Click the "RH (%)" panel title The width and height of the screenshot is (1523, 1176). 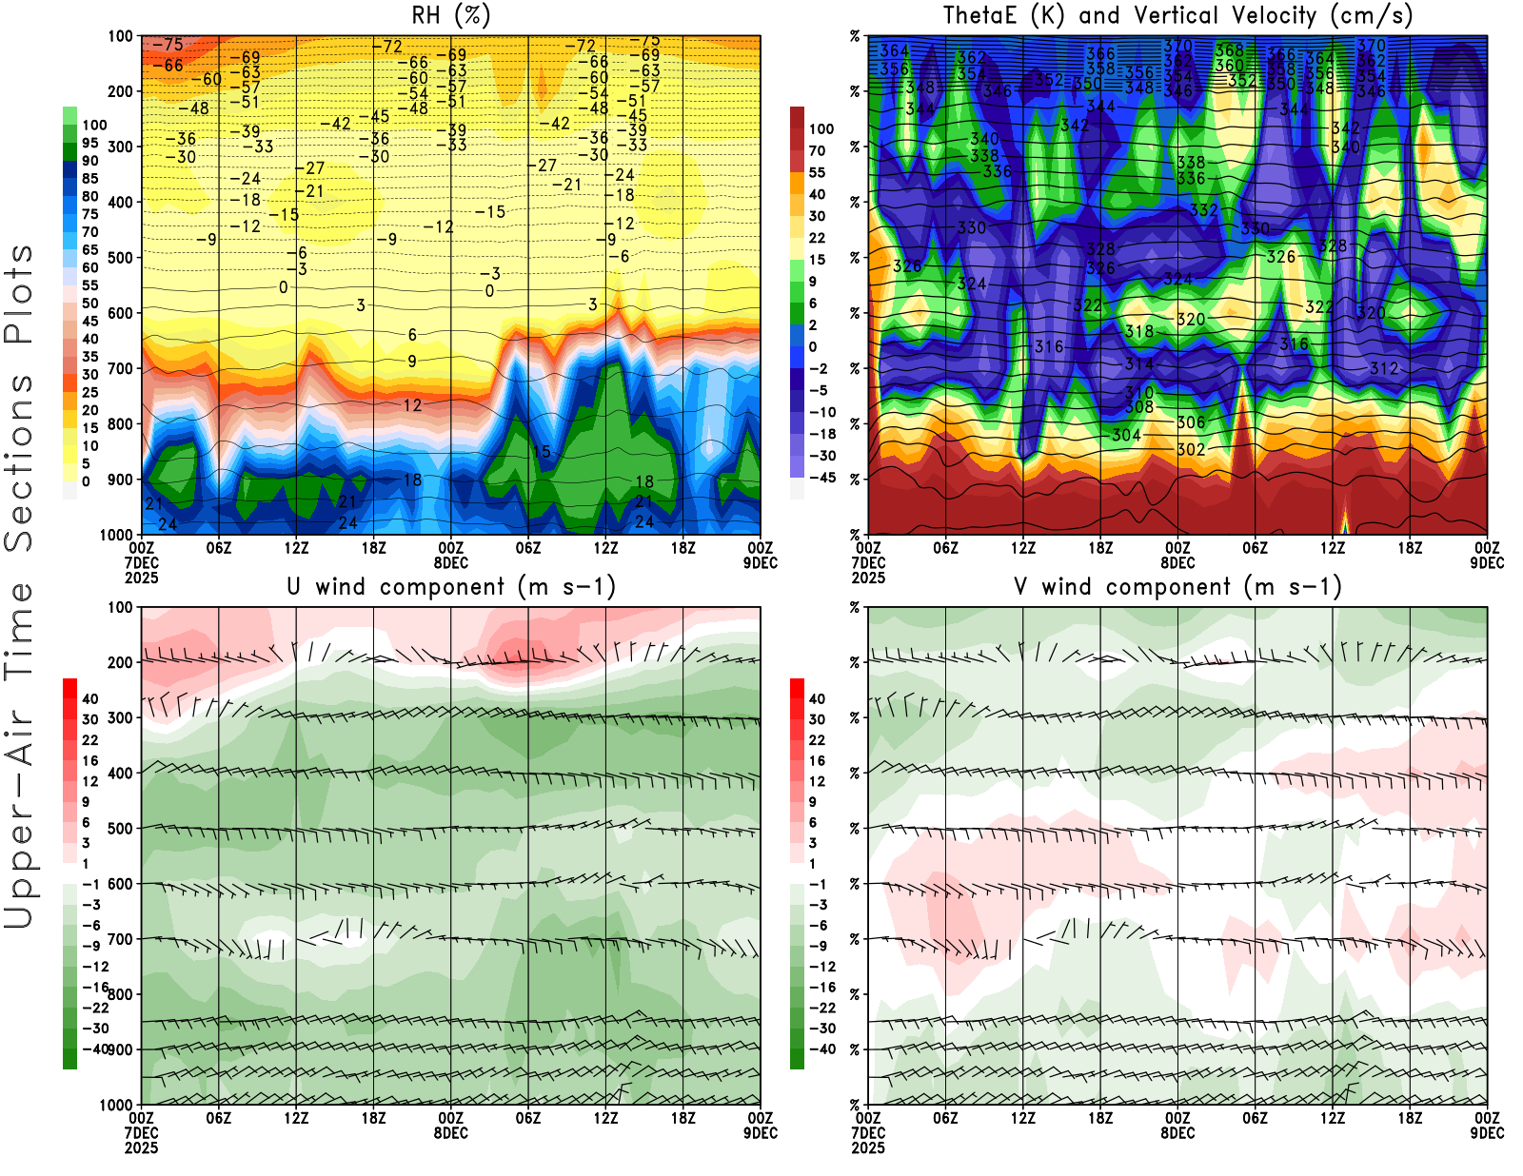pos(451,15)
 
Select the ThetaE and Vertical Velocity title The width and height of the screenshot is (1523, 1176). pos(1177,15)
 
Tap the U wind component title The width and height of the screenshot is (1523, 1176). pos(451,586)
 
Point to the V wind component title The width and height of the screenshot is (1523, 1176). pos(1177,586)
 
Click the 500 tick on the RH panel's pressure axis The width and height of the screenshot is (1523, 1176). pos(121,258)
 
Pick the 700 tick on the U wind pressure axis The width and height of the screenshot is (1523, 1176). pos(121,939)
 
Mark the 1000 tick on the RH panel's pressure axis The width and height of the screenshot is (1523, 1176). pos(117,535)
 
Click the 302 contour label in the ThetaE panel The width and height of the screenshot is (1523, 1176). pos(1191,449)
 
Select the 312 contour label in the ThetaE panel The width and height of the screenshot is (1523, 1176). pos(1384,368)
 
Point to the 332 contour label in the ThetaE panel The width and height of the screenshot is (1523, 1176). pos(1204,210)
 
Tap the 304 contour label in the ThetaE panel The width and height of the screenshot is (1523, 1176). pos(1126,435)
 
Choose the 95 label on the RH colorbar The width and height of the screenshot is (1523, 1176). pos(90,143)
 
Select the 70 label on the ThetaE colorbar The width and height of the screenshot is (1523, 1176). pos(817,150)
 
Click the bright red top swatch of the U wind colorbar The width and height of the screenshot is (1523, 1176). pos(69,688)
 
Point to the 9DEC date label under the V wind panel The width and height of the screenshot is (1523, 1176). pos(1487,1133)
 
